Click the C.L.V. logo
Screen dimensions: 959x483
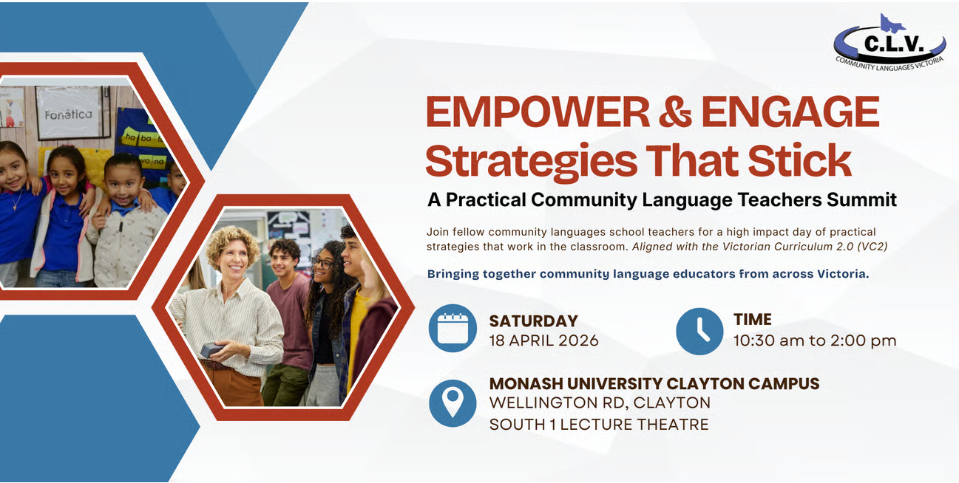(x=889, y=44)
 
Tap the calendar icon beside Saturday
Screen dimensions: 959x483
(x=453, y=328)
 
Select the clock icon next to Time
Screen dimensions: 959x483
(x=699, y=331)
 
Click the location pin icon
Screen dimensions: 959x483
(x=453, y=403)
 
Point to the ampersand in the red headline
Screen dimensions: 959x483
(x=675, y=112)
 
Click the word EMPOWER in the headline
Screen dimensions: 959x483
(x=538, y=112)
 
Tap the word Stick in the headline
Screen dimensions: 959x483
(x=799, y=160)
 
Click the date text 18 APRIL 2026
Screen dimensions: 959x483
(x=543, y=340)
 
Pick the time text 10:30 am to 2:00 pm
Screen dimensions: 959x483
(x=815, y=340)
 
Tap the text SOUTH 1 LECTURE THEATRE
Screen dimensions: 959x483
(x=599, y=425)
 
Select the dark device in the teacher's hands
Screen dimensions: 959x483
(x=211, y=350)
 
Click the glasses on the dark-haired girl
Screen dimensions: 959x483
(x=323, y=263)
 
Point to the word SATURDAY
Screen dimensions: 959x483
(x=533, y=321)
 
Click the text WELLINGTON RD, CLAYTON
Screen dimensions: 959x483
(x=600, y=402)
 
